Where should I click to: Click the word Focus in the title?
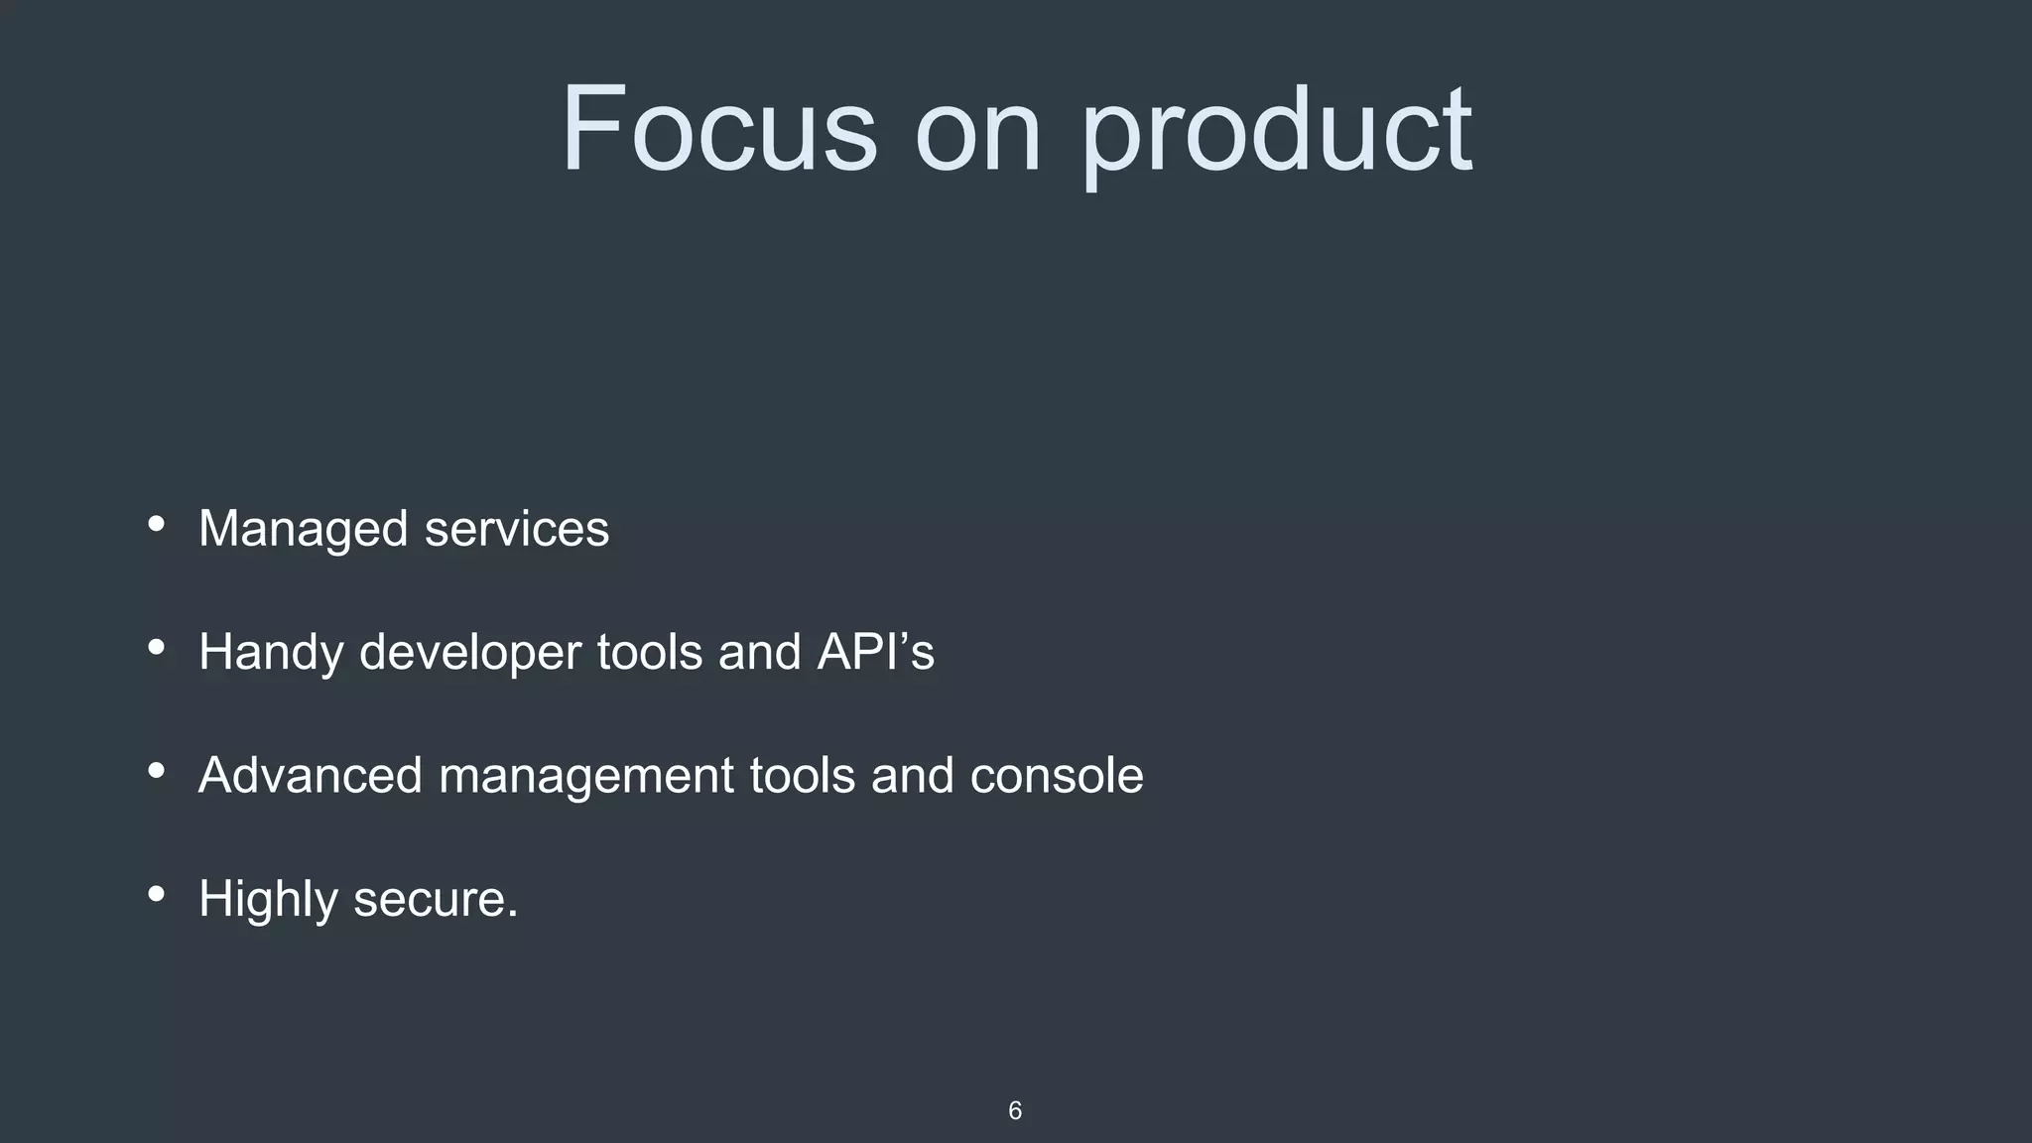[x=719, y=129]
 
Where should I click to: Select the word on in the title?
[x=977, y=134]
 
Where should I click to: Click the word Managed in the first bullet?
[x=303, y=529]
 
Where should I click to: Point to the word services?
[x=517, y=529]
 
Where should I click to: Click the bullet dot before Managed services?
[x=156, y=524]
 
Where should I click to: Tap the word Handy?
[x=271, y=653]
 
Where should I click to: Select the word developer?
[x=470, y=653]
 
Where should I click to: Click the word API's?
[x=875, y=652]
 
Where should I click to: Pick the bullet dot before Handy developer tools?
[x=156, y=648]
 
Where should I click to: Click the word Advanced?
[x=311, y=775]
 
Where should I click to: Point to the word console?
[x=1057, y=776]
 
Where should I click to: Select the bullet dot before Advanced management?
[x=156, y=771]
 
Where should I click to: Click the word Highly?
[x=268, y=900]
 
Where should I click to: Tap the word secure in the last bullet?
[x=435, y=900]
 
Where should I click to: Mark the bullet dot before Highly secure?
[x=156, y=894]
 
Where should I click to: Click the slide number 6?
[x=1014, y=1110]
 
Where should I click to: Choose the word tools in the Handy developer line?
[x=650, y=652]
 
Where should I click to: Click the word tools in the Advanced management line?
[x=802, y=775]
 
